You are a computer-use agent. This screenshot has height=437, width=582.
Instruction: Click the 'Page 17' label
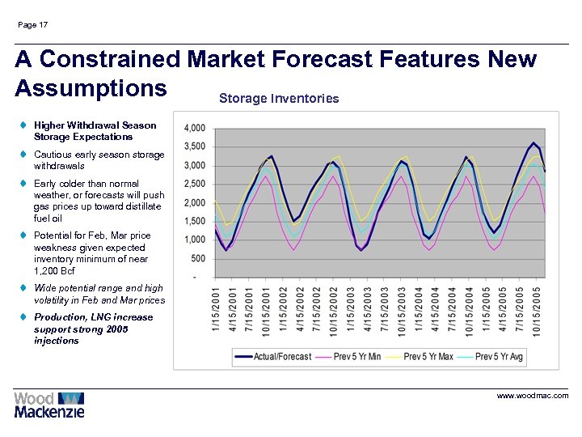[32, 25]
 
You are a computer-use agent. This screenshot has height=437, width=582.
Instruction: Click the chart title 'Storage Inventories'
[279, 99]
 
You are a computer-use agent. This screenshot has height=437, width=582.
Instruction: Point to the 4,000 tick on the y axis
[195, 129]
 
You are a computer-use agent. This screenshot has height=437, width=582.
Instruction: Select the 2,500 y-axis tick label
[195, 185]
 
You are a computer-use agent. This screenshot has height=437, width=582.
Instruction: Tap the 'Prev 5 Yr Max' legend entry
[428, 356]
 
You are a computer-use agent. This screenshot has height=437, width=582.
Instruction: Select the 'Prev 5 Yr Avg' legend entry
[499, 356]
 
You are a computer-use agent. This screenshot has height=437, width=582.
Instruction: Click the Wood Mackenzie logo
[48, 405]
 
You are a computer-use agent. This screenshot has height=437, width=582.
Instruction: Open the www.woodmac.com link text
[533, 396]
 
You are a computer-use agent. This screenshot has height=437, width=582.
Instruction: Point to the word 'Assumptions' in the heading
[91, 87]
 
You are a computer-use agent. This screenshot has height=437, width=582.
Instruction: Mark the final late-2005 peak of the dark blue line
[533, 143]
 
